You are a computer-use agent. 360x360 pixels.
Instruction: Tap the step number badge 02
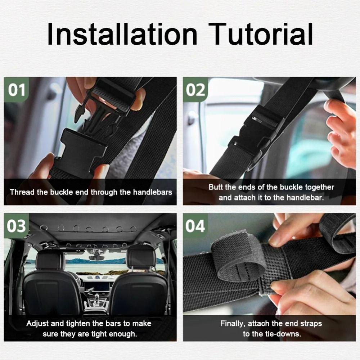(195, 89)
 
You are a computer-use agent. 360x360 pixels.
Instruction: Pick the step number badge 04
(195, 226)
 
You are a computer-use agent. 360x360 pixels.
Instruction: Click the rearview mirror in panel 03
(96, 258)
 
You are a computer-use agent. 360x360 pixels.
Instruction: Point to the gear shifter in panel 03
(96, 299)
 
